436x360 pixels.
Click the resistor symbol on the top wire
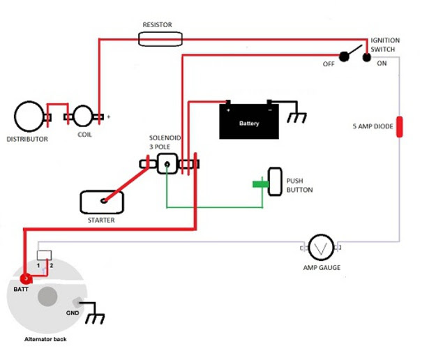tap(160, 39)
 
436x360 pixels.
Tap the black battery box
tap(249, 121)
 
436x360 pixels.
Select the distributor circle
tap(29, 117)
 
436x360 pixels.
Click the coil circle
tap(83, 116)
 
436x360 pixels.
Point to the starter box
tap(102, 202)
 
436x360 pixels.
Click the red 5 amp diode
tap(399, 127)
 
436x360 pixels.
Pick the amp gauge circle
tap(322, 248)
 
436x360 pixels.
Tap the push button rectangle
tap(275, 181)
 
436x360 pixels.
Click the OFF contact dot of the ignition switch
tap(344, 57)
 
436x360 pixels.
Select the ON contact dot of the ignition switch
tap(367, 57)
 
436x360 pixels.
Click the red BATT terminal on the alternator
tap(26, 278)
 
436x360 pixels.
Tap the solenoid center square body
tap(167, 164)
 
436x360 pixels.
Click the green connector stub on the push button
tap(260, 183)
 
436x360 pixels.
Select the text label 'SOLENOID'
tap(165, 137)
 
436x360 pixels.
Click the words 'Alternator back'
tap(45, 339)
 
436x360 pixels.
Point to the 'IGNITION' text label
tap(385, 40)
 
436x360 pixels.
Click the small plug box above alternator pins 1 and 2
tap(44, 255)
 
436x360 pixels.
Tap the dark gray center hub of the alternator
tap(47, 297)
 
